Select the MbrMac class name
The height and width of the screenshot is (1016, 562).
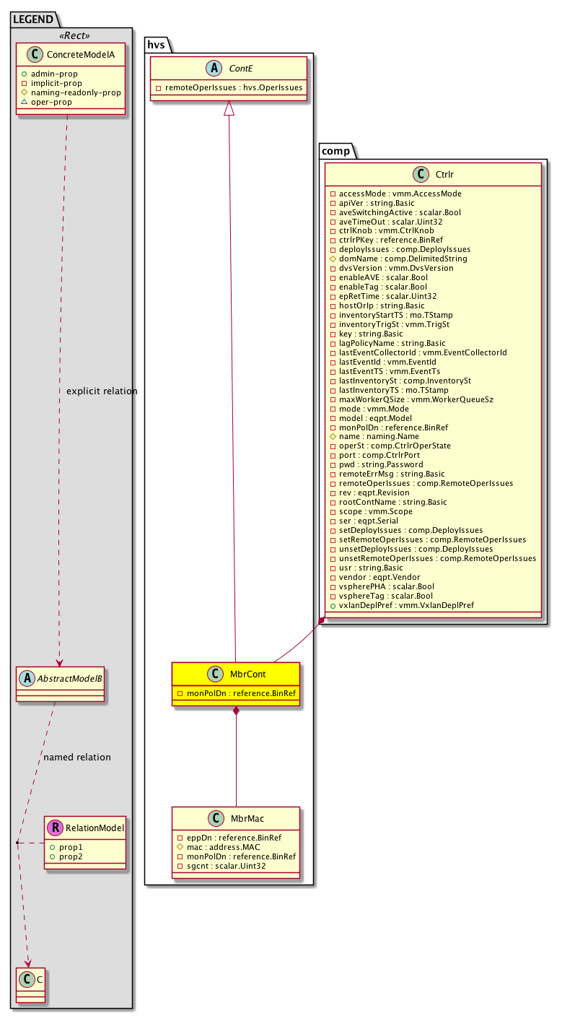click(x=247, y=818)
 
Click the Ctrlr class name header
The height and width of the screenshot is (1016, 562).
click(x=444, y=174)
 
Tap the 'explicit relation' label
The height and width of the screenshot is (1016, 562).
click(x=101, y=391)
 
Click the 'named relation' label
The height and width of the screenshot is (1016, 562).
click(x=77, y=757)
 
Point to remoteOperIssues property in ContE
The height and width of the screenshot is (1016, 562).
click(x=230, y=87)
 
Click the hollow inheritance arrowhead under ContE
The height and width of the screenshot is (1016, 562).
click(x=229, y=108)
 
